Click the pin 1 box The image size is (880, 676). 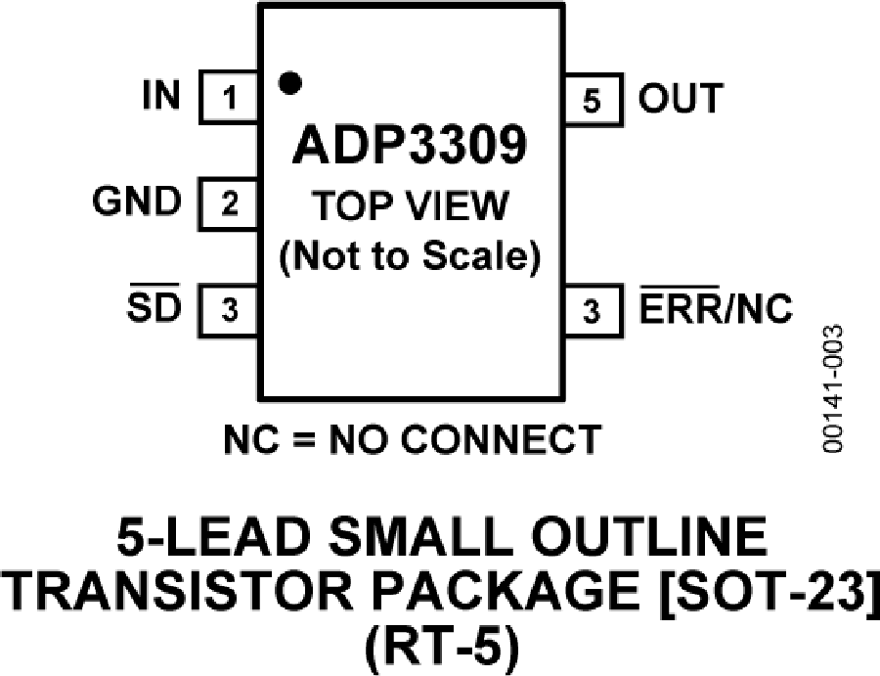pos(230,98)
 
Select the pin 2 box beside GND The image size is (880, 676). pos(230,204)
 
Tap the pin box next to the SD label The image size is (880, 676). pos(230,311)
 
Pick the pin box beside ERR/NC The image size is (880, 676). pos(591,311)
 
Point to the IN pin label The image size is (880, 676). pos(161,97)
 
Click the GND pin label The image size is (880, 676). pos(137,203)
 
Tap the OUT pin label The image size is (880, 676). pos(682,98)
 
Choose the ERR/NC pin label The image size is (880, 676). pos(716,310)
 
